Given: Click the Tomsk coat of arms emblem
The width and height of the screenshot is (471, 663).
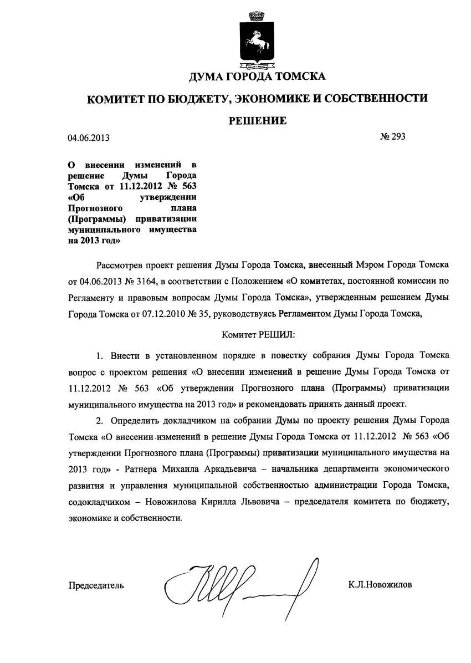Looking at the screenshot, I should (257, 39).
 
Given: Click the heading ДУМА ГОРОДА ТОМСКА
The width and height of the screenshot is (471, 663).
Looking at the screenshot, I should (257, 76).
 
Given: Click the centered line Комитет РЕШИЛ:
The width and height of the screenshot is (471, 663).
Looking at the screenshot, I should (258, 335).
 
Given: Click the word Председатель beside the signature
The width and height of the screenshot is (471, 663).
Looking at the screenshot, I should (96, 585).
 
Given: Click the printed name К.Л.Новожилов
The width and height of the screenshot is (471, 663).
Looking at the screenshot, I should (380, 584).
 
